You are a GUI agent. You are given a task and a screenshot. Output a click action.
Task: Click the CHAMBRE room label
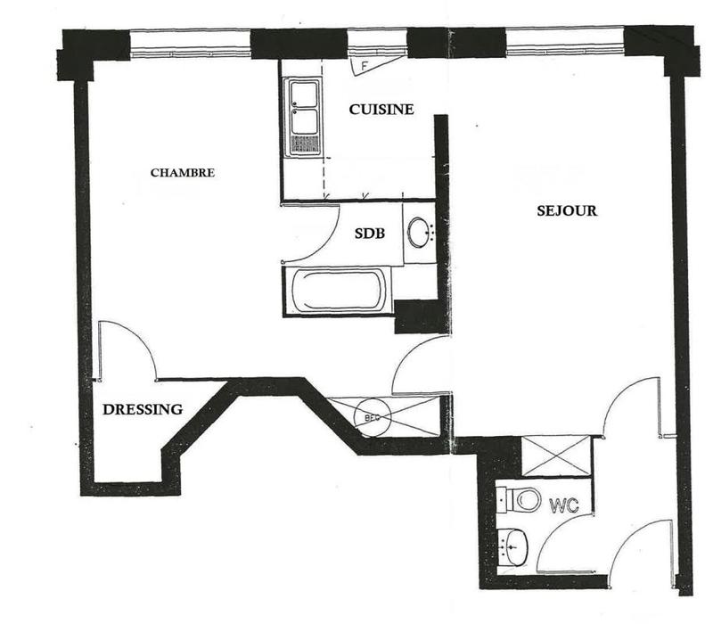[182, 173]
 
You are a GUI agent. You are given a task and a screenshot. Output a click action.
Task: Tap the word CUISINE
[381, 110]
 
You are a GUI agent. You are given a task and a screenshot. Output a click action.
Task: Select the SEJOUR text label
[567, 212]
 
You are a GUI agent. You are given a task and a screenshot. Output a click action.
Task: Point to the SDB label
[369, 234]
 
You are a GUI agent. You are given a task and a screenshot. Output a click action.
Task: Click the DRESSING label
[143, 410]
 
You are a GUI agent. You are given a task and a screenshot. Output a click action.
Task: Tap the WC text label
[563, 505]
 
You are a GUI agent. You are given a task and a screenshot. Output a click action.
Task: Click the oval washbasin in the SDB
[418, 234]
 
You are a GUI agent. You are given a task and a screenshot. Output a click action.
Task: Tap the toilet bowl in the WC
[524, 499]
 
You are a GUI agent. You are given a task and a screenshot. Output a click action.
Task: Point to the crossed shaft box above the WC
[556, 456]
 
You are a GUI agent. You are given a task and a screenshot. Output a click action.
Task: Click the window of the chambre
[190, 44]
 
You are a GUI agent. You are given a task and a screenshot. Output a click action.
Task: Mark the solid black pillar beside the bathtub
[416, 316]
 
